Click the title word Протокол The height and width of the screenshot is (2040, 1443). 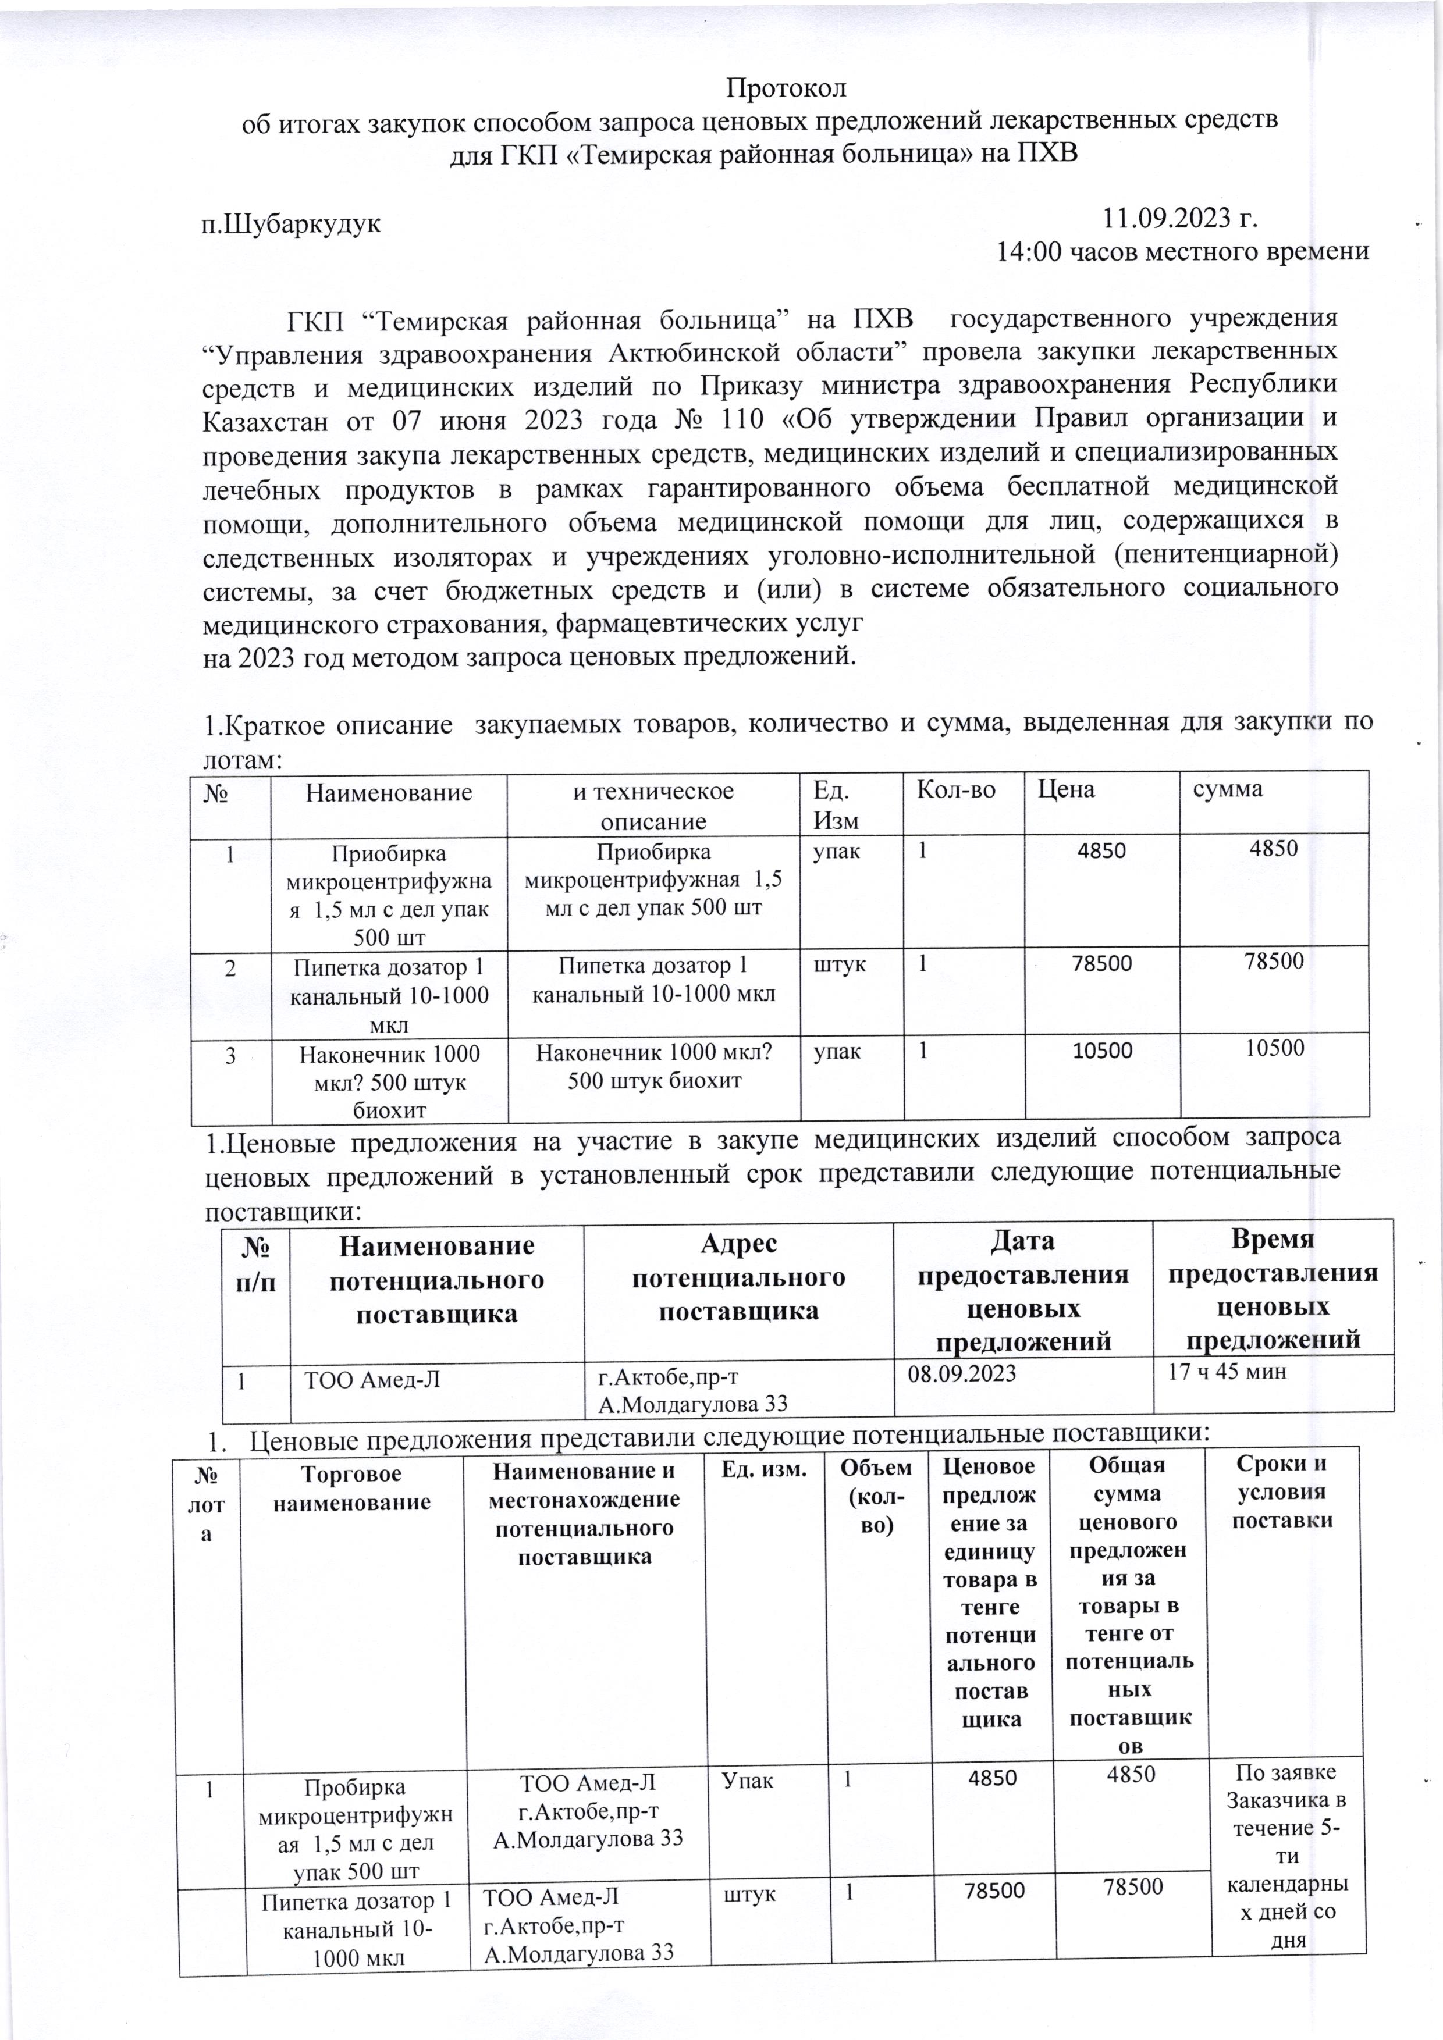pyautogui.click(x=786, y=89)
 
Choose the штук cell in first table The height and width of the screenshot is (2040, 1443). pyautogui.click(x=841, y=963)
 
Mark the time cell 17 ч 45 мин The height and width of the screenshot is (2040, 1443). pyautogui.click(x=1227, y=1372)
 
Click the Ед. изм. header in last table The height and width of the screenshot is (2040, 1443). pyautogui.click(x=763, y=1471)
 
